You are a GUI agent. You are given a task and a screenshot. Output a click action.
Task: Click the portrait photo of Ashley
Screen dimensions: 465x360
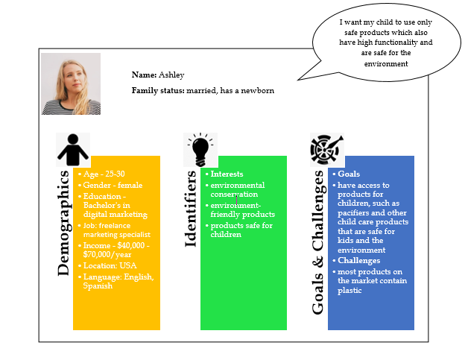pyautogui.click(x=71, y=84)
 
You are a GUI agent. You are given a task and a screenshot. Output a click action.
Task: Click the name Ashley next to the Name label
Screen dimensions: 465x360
pyautogui.click(x=171, y=75)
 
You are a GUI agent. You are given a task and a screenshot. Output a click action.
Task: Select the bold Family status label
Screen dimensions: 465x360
pyautogui.click(x=158, y=90)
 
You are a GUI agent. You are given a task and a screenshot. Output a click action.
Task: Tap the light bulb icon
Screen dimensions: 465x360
pyautogui.click(x=200, y=149)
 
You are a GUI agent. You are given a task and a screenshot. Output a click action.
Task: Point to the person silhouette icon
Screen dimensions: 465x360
pyautogui.click(x=73, y=150)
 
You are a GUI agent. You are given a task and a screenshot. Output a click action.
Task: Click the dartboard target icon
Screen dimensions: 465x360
pyautogui.click(x=326, y=150)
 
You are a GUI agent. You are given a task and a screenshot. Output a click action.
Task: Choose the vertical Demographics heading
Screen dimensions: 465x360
pyautogui.click(x=63, y=224)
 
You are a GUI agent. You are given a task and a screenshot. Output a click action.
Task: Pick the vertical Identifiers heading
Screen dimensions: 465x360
pyautogui.click(x=190, y=209)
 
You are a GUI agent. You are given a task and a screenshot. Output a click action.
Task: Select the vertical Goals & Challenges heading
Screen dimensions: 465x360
pyautogui.click(x=318, y=242)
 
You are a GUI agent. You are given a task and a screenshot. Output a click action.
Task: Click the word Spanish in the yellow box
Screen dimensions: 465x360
pyautogui.click(x=98, y=286)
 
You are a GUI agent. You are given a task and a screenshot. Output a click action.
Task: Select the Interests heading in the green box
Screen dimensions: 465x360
pyautogui.click(x=227, y=174)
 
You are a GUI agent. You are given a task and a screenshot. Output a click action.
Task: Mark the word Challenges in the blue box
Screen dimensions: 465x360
pyautogui.click(x=359, y=260)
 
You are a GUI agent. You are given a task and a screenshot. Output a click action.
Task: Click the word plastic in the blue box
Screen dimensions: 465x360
pyautogui.click(x=349, y=291)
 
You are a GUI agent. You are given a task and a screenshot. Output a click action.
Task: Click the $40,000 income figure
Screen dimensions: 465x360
pyautogui.click(x=131, y=245)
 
